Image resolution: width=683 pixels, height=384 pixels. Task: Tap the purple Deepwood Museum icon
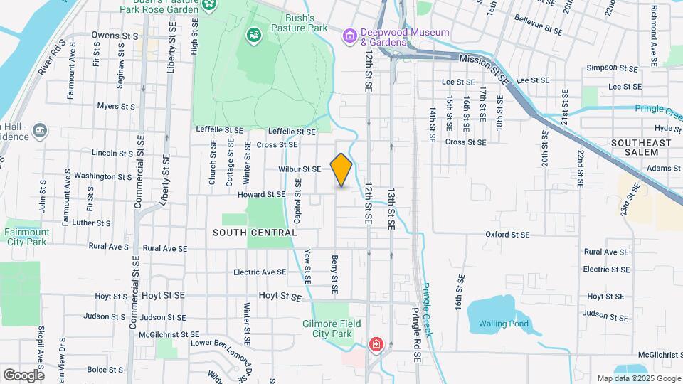pyautogui.click(x=349, y=36)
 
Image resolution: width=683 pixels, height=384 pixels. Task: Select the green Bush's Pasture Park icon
pyautogui.click(x=253, y=35)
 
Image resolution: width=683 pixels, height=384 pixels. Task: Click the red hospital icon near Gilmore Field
pyautogui.click(x=375, y=345)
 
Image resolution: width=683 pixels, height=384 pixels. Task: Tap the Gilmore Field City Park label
pyautogui.click(x=332, y=329)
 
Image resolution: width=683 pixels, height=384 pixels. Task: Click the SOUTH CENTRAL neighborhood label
pyautogui.click(x=254, y=233)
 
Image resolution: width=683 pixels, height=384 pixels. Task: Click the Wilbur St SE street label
pyautogui.click(x=300, y=169)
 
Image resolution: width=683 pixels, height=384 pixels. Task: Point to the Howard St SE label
pyautogui.click(x=261, y=194)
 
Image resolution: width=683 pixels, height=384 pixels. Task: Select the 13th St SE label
pyautogui.click(x=391, y=208)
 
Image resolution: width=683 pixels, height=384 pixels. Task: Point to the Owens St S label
pyautogui.click(x=114, y=35)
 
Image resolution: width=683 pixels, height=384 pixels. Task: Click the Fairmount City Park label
pyautogui.click(x=27, y=237)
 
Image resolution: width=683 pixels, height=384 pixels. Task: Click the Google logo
pyautogui.click(x=23, y=375)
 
